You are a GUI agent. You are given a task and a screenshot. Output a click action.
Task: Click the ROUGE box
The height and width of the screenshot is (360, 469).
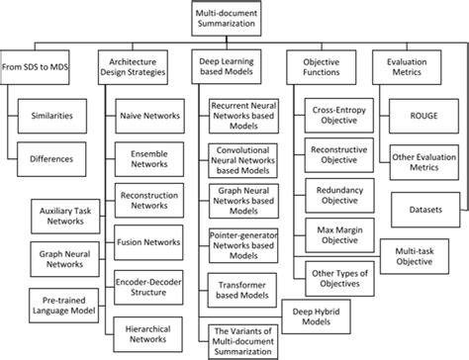click(x=426, y=116)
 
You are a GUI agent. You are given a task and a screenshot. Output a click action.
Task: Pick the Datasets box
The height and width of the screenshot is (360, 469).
click(x=426, y=211)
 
